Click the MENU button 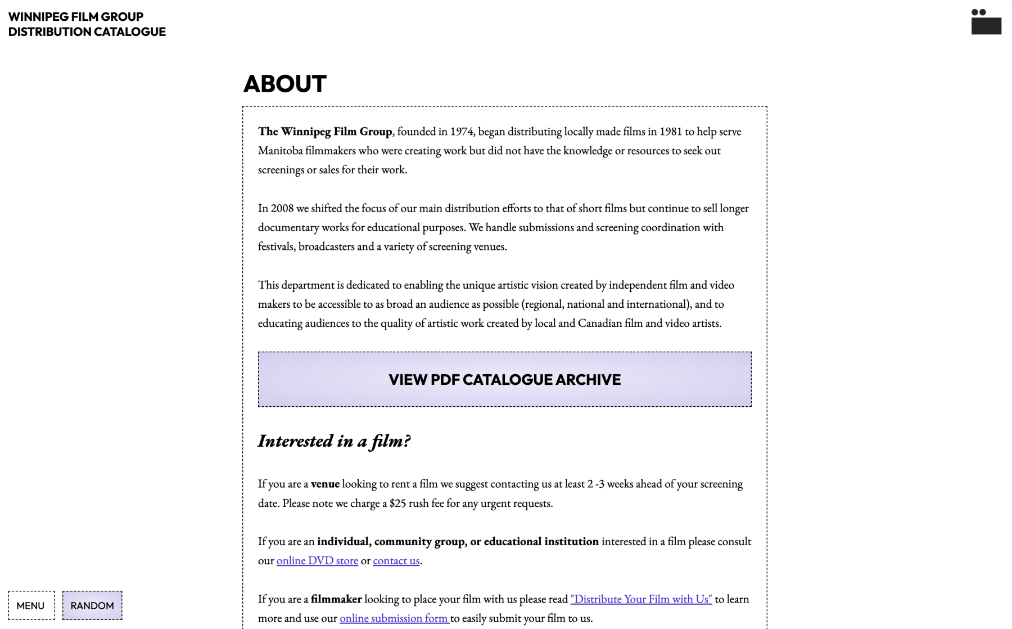[31, 605]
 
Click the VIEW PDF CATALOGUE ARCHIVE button [504, 379]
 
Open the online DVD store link [317, 560]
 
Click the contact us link [396, 560]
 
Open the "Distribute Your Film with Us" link [641, 599]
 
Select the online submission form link [394, 618]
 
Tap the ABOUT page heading [284, 84]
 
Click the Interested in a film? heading [334, 441]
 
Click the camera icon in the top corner [986, 22]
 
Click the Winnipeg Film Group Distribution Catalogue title [87, 24]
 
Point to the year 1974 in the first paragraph [462, 132]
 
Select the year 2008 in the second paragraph [282, 208]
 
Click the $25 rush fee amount [397, 503]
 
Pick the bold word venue [325, 484]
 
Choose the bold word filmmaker [336, 599]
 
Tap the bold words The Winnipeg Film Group [325, 132]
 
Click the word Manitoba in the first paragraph [280, 151]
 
